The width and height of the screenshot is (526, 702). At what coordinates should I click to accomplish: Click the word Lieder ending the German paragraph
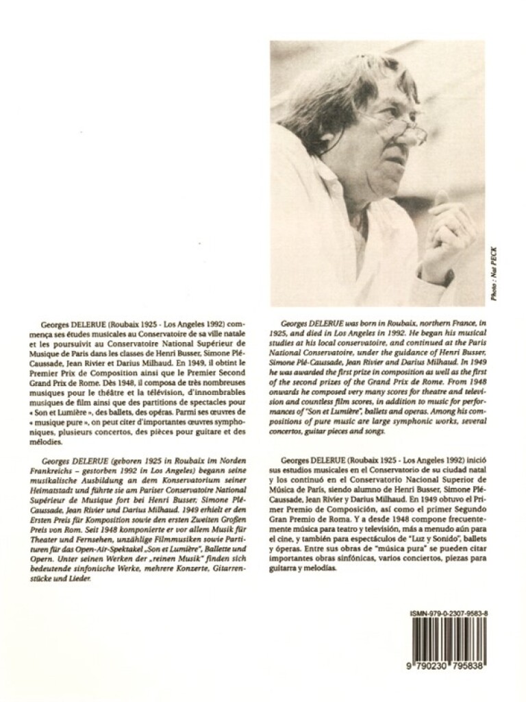click(x=79, y=580)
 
